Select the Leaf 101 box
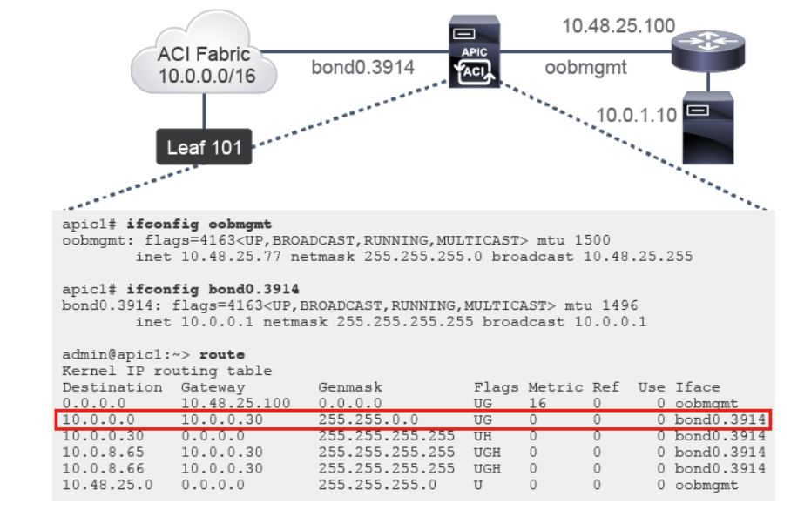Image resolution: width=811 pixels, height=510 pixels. [205, 146]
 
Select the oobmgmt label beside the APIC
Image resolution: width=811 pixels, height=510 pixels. [586, 66]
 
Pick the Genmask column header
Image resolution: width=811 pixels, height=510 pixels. [350, 386]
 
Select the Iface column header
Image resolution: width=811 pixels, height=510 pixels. [698, 386]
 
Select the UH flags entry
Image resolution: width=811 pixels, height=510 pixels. [483, 435]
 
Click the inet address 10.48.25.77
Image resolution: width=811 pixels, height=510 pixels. [217, 256]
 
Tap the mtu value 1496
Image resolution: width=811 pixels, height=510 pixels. [620, 305]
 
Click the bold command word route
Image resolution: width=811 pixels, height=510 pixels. [222, 355]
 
